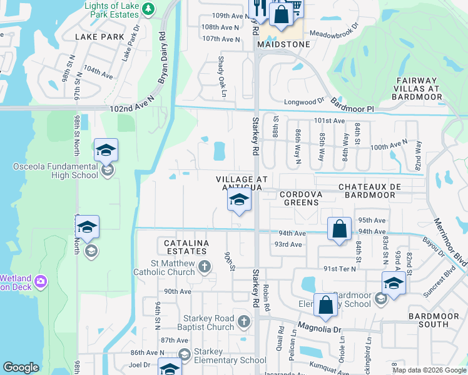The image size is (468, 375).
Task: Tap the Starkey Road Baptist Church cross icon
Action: (x=244, y=322)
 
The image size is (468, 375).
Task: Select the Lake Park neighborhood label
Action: (x=100, y=37)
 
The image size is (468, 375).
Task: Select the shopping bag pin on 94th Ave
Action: (x=339, y=229)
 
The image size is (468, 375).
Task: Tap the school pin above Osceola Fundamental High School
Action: (x=106, y=151)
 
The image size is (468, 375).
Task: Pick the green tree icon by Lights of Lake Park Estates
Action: (x=148, y=8)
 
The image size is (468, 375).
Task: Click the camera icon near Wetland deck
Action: (x=41, y=281)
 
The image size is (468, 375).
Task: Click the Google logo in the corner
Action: (x=21, y=367)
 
